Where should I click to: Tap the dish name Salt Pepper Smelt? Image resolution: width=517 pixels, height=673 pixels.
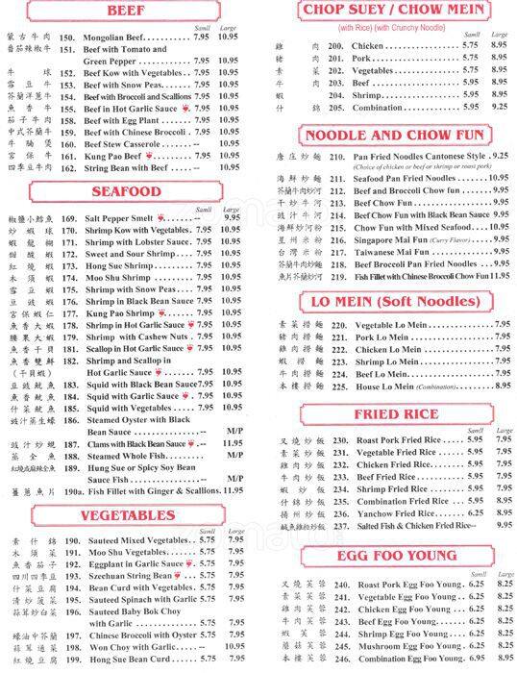[119, 218]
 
